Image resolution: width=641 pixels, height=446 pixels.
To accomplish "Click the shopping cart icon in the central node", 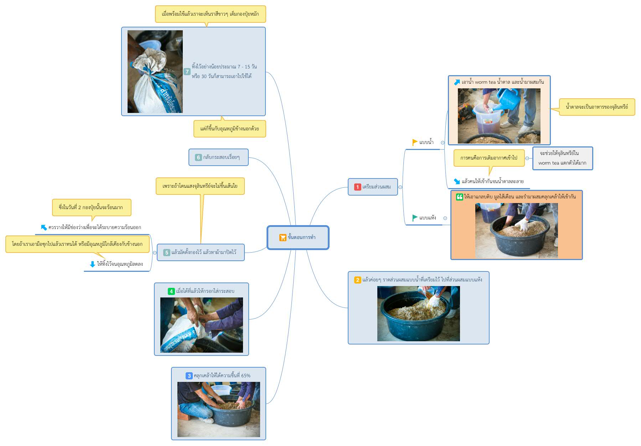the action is tap(283, 237).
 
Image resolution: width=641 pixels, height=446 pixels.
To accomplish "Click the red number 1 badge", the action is tap(358, 187).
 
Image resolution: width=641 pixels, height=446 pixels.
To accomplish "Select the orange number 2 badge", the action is tap(358, 280).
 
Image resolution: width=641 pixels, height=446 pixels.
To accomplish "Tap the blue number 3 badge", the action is tap(189, 376).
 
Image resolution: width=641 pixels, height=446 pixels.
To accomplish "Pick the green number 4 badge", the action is tap(171, 291).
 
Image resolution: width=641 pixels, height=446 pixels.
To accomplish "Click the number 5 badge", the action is tap(166, 253).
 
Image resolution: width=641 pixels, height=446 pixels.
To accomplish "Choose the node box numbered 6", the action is tap(218, 157).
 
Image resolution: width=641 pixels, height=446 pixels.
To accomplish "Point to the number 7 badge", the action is tap(187, 72).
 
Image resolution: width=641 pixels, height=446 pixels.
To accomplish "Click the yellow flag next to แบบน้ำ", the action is tap(415, 142).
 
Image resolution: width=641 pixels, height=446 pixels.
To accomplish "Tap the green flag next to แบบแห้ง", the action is tap(415, 218).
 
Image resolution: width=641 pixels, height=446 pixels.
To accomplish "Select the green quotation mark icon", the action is tap(460, 197).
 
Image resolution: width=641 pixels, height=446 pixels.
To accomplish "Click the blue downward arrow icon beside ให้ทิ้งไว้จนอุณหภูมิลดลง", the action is tap(93, 264).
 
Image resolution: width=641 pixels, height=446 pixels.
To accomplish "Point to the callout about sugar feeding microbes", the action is tap(597, 107).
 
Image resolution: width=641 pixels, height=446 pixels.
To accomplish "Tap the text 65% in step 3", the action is tap(246, 376).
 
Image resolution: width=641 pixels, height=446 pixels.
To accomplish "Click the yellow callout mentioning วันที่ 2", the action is tap(92, 208).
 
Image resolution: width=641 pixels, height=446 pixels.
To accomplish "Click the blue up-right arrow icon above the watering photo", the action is tap(457, 82).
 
